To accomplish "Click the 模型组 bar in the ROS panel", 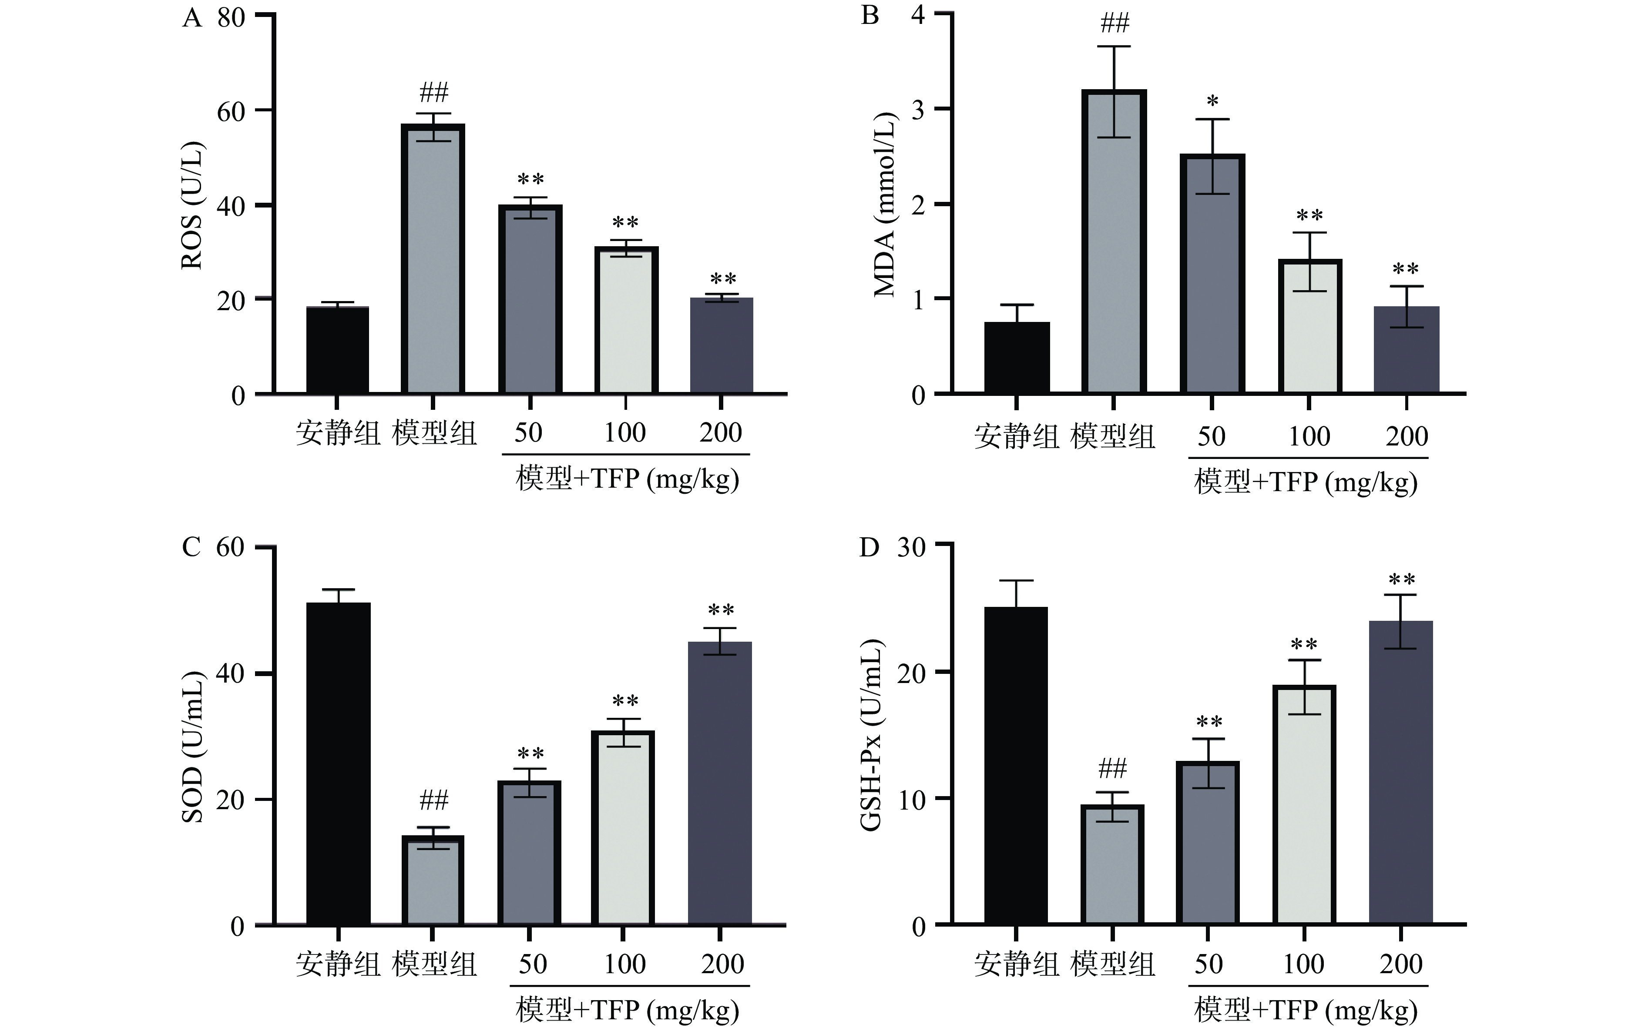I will (x=433, y=258).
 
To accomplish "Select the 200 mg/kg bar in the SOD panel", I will (x=720, y=782).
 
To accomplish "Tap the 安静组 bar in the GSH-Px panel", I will (x=1016, y=765).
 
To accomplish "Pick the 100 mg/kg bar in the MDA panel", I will (x=1309, y=326).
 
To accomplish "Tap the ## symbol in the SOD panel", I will (x=434, y=800).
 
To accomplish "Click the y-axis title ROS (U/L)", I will (x=192, y=205).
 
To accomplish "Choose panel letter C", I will (x=192, y=547).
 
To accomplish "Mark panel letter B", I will (x=870, y=15).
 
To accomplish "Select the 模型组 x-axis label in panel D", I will (x=1112, y=964).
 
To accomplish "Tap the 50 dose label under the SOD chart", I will (x=533, y=964).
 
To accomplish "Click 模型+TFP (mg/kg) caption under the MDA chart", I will (x=1306, y=482).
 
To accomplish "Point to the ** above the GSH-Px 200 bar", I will (x=1402, y=580).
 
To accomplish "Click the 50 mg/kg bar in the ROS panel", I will (x=530, y=299).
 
